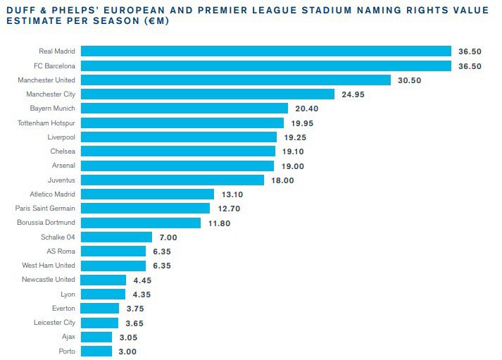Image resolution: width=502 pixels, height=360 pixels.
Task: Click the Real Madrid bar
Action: click(x=265, y=51)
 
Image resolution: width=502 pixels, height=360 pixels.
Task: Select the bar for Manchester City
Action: click(x=207, y=94)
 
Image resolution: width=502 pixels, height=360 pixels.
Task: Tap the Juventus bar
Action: click(x=172, y=180)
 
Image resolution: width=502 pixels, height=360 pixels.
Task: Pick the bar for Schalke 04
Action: click(x=116, y=237)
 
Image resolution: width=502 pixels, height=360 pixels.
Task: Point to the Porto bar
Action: click(x=96, y=351)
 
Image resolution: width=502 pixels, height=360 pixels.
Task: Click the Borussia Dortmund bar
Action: click(x=144, y=223)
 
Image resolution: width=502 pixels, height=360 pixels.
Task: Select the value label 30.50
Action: click(x=409, y=80)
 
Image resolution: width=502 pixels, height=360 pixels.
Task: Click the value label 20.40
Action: click(x=307, y=108)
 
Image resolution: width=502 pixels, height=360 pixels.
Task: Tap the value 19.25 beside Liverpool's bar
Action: click(x=296, y=137)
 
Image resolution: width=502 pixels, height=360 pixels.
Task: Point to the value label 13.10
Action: click(x=232, y=194)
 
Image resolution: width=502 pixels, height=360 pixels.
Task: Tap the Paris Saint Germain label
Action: click(x=46, y=208)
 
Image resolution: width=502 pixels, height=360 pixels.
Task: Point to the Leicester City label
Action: click(x=55, y=323)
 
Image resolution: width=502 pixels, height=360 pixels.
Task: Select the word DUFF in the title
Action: click(x=18, y=8)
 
